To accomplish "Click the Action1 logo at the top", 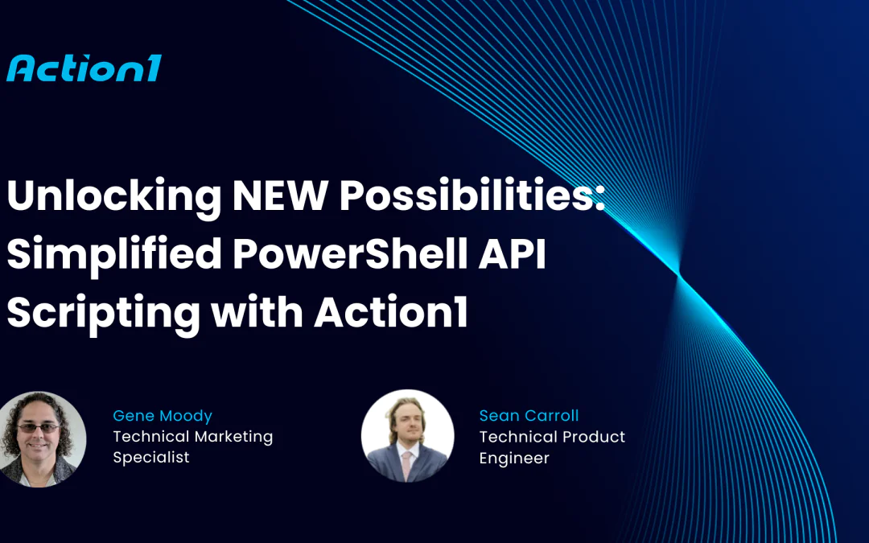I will pos(84,68).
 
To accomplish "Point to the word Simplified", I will pos(114,256).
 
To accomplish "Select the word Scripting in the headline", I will pos(103,311).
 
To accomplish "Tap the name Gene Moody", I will pos(163,416).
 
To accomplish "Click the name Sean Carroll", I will pos(529,416).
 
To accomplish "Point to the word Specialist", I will pos(151,457).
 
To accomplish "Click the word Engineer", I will pos(514,458).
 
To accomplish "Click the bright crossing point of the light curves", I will pos(677,276).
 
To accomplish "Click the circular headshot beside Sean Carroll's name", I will pos(407,437).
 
